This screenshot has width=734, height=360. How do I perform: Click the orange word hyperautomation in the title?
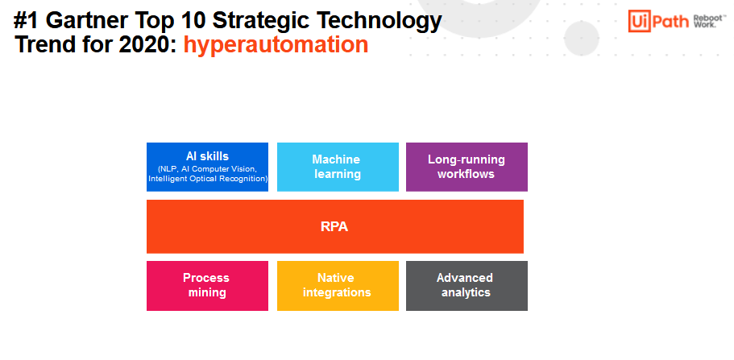276,45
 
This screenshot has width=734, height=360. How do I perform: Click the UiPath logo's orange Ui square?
640,21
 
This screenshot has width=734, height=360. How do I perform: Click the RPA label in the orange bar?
334,226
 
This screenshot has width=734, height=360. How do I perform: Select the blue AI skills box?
207,168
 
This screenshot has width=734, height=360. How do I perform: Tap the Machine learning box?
338,168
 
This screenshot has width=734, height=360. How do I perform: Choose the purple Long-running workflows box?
467,168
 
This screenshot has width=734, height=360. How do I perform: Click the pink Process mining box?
207,286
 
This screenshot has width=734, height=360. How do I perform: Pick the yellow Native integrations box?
338,286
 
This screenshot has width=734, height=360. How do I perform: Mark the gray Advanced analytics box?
467,286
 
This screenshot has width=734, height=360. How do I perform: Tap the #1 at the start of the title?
27,20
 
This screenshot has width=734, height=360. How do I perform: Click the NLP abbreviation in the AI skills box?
167,169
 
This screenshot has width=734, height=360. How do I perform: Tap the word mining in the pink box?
207,292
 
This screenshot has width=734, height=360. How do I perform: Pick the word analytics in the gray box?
466,292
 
